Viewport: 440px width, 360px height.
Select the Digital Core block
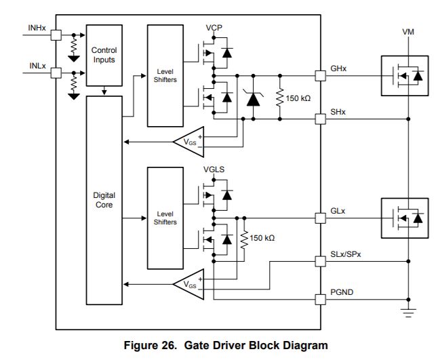click(x=104, y=200)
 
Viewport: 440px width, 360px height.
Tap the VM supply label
click(x=408, y=32)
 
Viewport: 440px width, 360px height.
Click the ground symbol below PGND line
click(x=408, y=312)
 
